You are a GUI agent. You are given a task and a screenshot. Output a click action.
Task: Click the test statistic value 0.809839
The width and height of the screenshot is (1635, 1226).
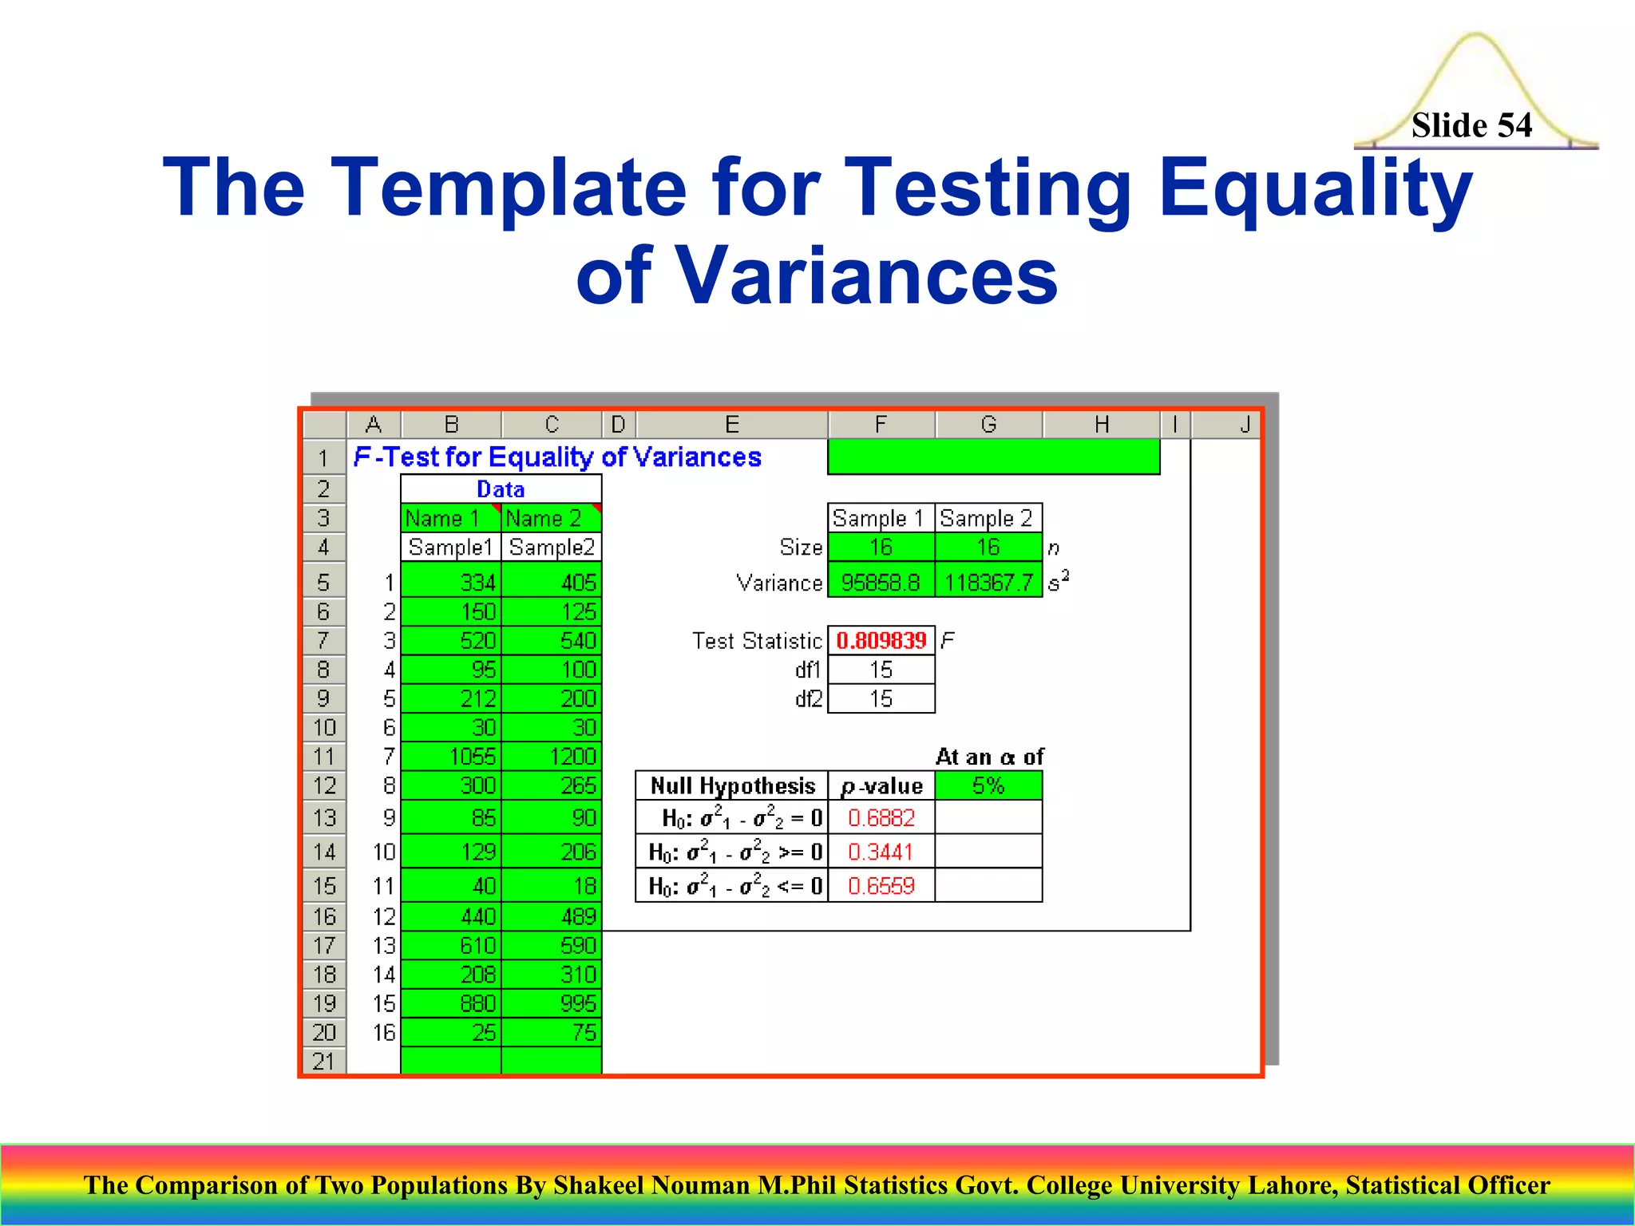click(x=881, y=640)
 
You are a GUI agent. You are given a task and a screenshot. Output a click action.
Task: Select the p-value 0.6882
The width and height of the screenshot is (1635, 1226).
click(x=881, y=817)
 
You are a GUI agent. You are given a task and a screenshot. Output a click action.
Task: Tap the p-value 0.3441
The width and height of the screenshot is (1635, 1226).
click(x=881, y=852)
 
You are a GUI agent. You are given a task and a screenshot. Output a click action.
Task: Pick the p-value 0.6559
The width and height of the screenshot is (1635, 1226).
click(x=881, y=885)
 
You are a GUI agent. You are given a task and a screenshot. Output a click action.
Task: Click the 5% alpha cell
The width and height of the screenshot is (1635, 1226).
click(x=988, y=785)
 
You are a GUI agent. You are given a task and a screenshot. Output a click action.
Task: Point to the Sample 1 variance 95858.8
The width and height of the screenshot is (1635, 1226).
click(x=881, y=583)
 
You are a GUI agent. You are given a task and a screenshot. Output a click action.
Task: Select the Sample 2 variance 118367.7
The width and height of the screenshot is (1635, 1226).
click(x=988, y=583)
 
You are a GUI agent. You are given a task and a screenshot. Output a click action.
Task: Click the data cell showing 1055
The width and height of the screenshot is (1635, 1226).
click(x=452, y=756)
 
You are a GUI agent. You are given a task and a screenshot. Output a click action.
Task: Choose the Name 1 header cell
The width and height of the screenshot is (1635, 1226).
click(x=450, y=518)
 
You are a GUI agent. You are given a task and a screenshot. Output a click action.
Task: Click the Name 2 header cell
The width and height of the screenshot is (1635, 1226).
click(x=551, y=518)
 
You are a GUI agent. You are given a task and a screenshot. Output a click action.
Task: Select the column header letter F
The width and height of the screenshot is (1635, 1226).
click(x=881, y=424)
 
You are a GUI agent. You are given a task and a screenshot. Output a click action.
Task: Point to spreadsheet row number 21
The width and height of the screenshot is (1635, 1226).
click(x=324, y=1061)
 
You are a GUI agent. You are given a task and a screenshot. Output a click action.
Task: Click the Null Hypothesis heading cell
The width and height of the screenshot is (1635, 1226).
click(x=732, y=785)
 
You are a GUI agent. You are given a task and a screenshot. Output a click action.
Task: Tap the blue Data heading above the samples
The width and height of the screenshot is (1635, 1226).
click(x=501, y=488)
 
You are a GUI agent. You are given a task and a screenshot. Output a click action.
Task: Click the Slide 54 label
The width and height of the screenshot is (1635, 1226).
click(x=1471, y=125)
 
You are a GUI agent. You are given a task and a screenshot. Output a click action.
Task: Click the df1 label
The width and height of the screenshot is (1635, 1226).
click(x=807, y=670)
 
